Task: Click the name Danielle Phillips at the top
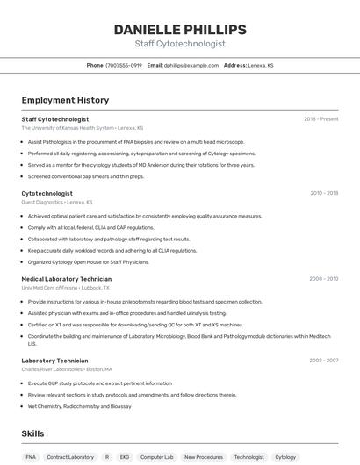click(179, 29)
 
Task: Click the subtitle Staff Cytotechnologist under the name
click(179, 44)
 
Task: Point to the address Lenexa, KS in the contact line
click(261, 65)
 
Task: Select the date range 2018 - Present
click(320, 118)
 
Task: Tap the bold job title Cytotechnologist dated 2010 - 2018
click(47, 193)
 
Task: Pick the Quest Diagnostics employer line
click(57, 202)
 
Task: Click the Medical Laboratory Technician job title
click(67, 278)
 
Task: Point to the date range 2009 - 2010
click(323, 278)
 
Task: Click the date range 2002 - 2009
click(323, 361)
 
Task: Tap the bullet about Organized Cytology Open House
click(88, 261)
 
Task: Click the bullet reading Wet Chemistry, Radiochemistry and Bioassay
click(80, 406)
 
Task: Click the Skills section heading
click(32, 433)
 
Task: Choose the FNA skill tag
click(31, 457)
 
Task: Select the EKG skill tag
click(124, 457)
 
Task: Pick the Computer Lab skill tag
click(157, 457)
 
